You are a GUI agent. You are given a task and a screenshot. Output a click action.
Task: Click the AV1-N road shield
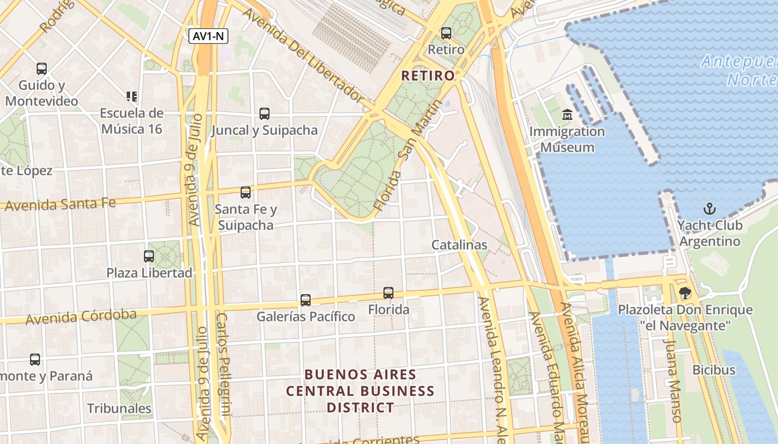(x=208, y=37)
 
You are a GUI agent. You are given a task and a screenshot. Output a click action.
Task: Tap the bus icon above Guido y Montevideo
(x=42, y=69)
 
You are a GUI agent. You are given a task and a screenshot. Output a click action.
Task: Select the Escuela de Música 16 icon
(x=132, y=97)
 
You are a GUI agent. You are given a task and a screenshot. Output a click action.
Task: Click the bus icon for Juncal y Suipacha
(x=265, y=114)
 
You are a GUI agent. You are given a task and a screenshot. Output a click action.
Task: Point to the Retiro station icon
(x=446, y=33)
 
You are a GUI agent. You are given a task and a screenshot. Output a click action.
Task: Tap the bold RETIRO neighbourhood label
(x=428, y=75)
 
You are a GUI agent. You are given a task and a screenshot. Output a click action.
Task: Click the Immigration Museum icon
(x=567, y=115)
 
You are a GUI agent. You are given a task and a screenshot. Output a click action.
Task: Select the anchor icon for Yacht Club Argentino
(x=709, y=209)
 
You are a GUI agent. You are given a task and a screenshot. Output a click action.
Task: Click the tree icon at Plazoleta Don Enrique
(x=685, y=293)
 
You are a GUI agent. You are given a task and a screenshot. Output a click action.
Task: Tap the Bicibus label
(x=714, y=370)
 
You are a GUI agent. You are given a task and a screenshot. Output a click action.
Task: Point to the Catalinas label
(x=459, y=245)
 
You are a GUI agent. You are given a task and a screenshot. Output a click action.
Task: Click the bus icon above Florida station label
(x=388, y=292)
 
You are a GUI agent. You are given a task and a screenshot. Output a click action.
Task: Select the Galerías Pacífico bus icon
(x=306, y=300)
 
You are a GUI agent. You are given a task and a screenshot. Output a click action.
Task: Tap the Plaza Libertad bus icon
(x=149, y=256)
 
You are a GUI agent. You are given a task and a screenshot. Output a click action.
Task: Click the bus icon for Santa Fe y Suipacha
(x=246, y=193)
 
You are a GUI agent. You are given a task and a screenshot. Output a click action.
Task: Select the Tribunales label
(x=119, y=409)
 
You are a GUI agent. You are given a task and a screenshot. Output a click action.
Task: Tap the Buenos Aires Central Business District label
(x=360, y=391)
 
